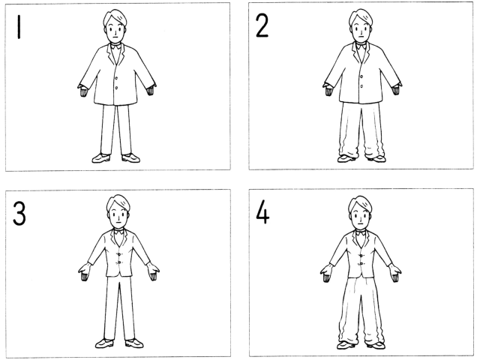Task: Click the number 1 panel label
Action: pos(19,27)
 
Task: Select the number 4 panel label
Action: pos(262,214)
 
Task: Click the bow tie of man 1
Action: pos(115,46)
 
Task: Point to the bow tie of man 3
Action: pos(118,232)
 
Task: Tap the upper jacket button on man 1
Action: pos(116,78)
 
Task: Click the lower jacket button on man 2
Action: pos(361,86)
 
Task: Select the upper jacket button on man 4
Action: pos(361,256)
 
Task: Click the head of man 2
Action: pos(361,25)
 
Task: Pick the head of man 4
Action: pos(360,212)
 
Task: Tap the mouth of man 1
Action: pos(115,37)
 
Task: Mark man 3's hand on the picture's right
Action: pos(153,271)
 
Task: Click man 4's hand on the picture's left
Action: pos(327,273)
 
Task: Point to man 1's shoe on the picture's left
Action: pos(101,158)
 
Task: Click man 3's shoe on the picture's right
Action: pos(134,343)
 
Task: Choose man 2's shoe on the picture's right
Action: pos(376,158)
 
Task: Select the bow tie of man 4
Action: pos(361,233)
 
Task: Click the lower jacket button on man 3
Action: pos(120,262)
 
